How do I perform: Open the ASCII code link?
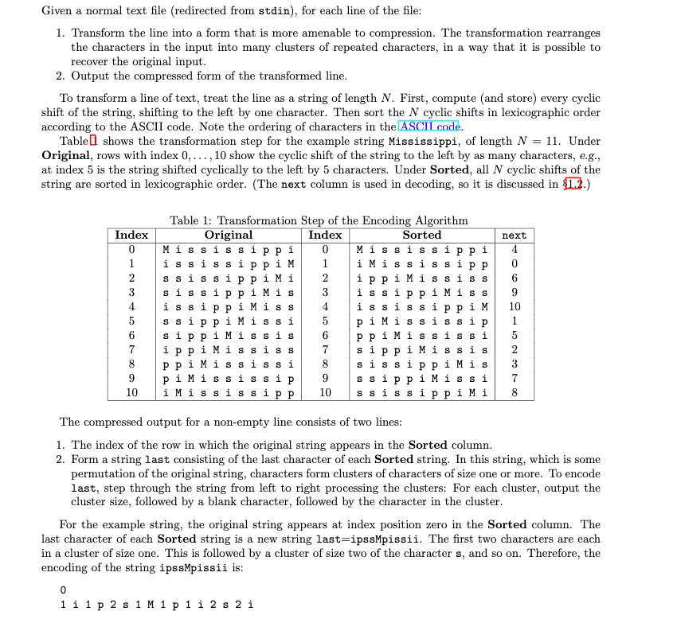click(430, 127)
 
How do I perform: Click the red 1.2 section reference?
click(585, 184)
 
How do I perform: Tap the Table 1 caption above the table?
click(319, 220)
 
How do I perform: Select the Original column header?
click(229, 235)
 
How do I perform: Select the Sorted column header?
click(421, 235)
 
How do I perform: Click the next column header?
click(514, 236)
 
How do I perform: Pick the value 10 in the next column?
click(514, 306)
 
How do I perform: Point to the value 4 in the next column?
click(514, 249)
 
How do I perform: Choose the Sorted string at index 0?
click(422, 249)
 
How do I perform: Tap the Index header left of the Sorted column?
click(325, 235)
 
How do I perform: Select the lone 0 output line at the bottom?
click(63, 591)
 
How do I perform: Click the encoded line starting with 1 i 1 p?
click(157, 605)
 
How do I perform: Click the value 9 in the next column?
click(514, 292)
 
